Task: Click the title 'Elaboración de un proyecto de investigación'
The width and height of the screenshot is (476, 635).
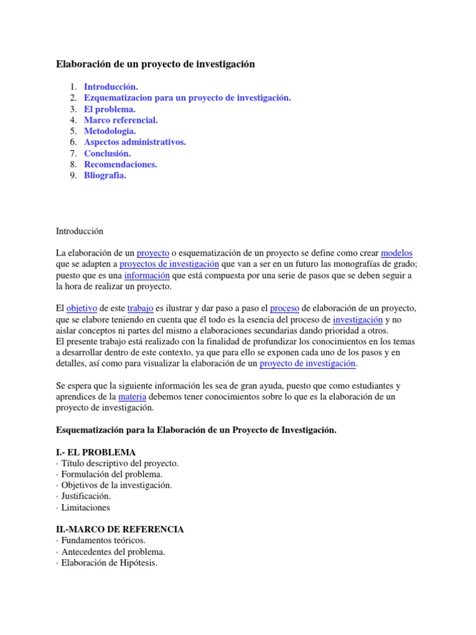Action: [x=156, y=64]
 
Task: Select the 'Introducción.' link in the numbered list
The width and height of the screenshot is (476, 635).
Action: [x=111, y=87]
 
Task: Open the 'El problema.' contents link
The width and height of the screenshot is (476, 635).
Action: [x=110, y=109]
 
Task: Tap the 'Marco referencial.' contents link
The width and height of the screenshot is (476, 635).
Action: [x=121, y=120]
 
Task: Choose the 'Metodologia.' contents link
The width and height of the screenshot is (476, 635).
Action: [x=110, y=131]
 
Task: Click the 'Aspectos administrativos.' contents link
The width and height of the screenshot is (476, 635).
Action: [x=134, y=142]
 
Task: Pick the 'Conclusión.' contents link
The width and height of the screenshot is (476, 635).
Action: [x=107, y=153]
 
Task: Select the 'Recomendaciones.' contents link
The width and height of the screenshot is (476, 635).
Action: [x=120, y=164]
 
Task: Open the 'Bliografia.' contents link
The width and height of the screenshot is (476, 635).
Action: [x=105, y=175]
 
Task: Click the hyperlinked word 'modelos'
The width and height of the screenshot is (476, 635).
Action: [x=397, y=253]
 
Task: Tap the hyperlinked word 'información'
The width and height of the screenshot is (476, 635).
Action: [x=147, y=275]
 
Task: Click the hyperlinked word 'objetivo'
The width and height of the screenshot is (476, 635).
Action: [x=82, y=308]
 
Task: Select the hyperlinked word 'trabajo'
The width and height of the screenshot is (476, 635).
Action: [x=140, y=308]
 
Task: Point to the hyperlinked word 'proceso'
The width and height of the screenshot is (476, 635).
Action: [x=285, y=308]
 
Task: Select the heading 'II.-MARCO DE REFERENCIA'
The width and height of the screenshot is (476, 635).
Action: [x=120, y=530]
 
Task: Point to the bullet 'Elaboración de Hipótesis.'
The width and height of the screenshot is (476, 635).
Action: [x=108, y=563]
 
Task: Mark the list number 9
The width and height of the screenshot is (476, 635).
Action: [x=73, y=175]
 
